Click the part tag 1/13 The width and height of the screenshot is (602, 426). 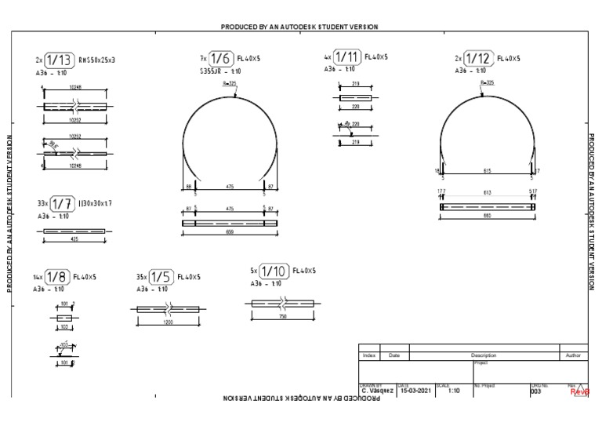coord(60,60)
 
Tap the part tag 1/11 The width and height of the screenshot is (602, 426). coord(347,57)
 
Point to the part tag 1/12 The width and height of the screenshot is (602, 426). coord(478,59)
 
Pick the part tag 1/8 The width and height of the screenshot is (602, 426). coord(56,277)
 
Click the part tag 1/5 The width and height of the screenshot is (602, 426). coord(161,277)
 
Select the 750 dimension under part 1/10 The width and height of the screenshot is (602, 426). coord(282,315)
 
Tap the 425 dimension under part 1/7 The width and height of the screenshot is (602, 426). coord(74,238)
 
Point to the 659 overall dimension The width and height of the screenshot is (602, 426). coord(230,232)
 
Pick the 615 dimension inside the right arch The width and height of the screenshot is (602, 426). coord(488,169)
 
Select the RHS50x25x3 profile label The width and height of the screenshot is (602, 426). coord(97,60)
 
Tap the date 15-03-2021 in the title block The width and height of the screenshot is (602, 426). coord(415,391)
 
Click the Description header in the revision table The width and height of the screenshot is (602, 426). coord(483,355)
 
